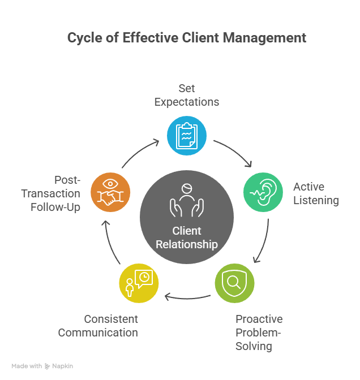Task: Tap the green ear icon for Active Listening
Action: pyautogui.click(x=263, y=192)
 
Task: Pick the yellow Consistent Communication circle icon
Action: pyautogui.click(x=139, y=282)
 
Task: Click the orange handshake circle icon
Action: pyautogui.click(x=110, y=193)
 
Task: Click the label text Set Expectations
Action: pyautogui.click(x=186, y=96)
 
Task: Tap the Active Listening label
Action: pyautogui.click(x=316, y=193)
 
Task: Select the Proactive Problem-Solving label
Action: pyautogui.click(x=259, y=332)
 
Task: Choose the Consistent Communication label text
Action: pyautogui.click(x=98, y=326)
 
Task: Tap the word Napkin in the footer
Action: pyautogui.click(x=63, y=366)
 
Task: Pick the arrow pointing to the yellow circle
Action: pyautogui.click(x=187, y=296)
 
